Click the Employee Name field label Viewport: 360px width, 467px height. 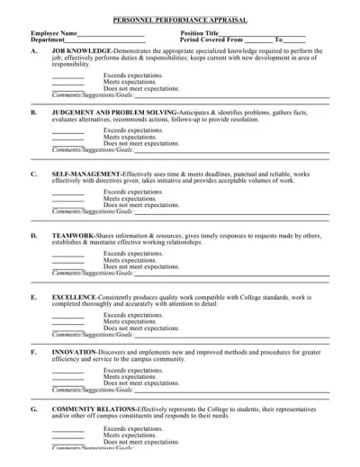click(53, 33)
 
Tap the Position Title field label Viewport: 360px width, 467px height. click(200, 33)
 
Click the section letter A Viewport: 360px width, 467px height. click(33, 51)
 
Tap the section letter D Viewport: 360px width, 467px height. click(33, 235)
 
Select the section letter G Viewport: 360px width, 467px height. click(33, 408)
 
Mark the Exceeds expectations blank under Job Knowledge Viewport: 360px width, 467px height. click(67, 76)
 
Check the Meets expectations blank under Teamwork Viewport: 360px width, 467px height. click(67, 261)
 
